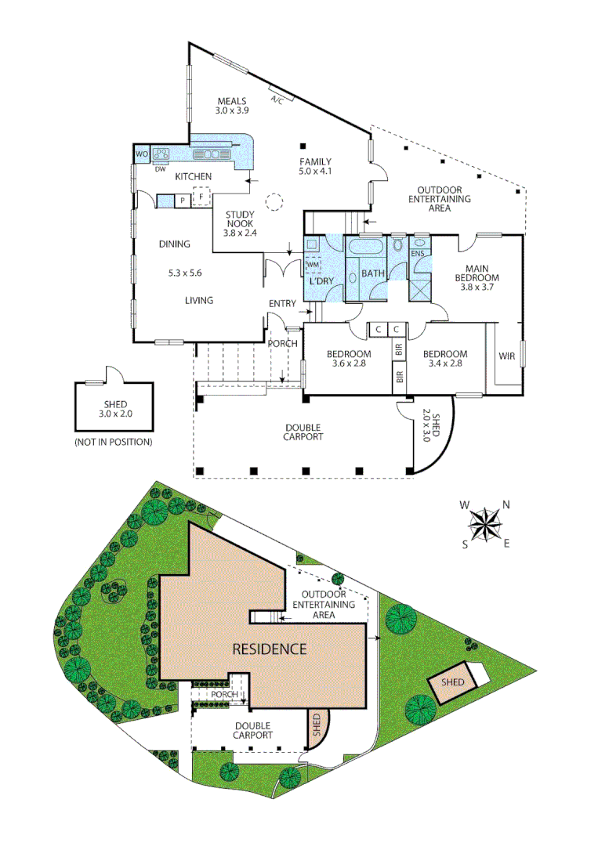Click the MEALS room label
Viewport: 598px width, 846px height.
coord(232,101)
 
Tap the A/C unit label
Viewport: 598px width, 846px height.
coord(277,100)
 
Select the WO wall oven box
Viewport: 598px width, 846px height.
coord(142,154)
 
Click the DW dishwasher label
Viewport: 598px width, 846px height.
coord(160,168)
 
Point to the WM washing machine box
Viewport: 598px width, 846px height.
coord(313,264)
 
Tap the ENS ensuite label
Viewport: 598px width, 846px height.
coord(418,254)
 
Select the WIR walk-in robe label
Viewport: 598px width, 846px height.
coord(506,356)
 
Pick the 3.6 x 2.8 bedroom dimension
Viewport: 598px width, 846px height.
coord(347,363)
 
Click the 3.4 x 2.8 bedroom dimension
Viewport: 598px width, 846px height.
coord(445,363)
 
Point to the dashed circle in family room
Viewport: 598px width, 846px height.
coord(275,203)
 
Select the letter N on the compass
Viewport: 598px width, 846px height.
coord(506,505)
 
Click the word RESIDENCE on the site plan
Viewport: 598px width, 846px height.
coord(269,649)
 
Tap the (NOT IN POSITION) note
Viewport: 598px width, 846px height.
coord(113,443)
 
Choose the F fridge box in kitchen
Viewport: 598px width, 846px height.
coord(201,197)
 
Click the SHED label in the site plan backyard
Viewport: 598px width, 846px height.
coord(452,682)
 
